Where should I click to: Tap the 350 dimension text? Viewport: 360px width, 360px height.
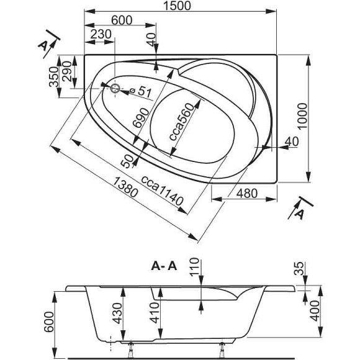(54, 76)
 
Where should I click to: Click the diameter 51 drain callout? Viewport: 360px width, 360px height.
(142, 92)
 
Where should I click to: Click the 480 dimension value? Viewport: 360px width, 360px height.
(246, 193)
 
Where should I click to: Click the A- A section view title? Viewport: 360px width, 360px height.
(164, 266)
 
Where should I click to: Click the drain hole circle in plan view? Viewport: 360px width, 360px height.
(115, 88)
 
